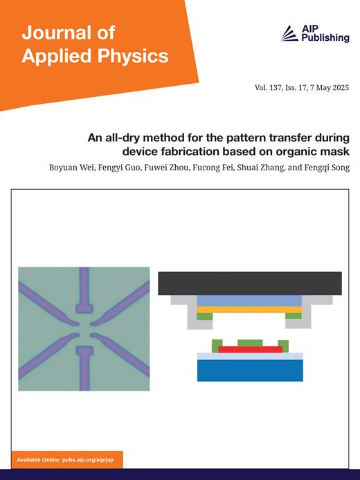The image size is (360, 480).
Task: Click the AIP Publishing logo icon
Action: point(289,33)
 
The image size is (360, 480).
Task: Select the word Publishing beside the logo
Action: point(325,38)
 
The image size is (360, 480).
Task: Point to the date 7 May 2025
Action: point(330,88)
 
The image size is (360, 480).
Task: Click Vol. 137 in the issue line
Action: point(268,88)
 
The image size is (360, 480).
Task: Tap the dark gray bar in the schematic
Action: point(250,283)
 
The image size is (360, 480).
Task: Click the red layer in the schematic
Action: point(250,350)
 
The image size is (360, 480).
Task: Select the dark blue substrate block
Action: point(250,371)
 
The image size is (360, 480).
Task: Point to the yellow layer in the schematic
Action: point(249,310)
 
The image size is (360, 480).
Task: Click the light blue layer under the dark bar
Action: point(249,301)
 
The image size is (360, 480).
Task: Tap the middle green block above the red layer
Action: point(250,343)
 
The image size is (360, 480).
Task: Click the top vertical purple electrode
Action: point(84,290)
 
